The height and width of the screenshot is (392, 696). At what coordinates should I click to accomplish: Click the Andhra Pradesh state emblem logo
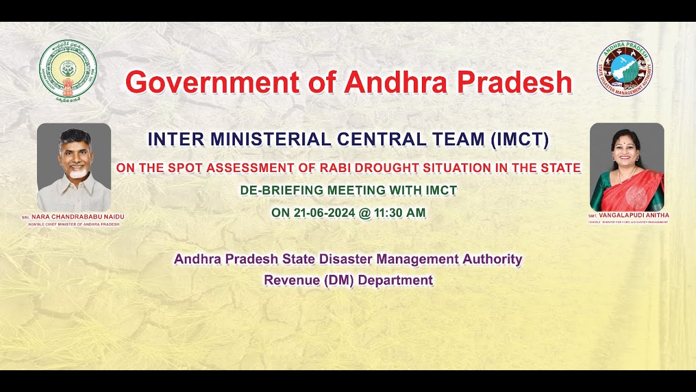[x=68, y=71]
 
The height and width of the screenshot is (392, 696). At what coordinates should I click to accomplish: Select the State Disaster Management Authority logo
[x=625, y=69]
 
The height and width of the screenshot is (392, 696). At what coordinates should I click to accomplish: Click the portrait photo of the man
[x=74, y=167]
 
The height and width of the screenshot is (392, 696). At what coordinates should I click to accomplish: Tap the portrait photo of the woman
[x=627, y=167]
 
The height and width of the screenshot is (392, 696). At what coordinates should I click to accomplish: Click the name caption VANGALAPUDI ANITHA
[x=633, y=216]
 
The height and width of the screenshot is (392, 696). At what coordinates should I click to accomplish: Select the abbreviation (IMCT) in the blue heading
[x=519, y=140]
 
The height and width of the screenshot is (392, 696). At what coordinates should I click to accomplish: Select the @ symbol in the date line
[x=364, y=213]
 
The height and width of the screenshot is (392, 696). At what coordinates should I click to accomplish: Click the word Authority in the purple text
[x=492, y=259]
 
